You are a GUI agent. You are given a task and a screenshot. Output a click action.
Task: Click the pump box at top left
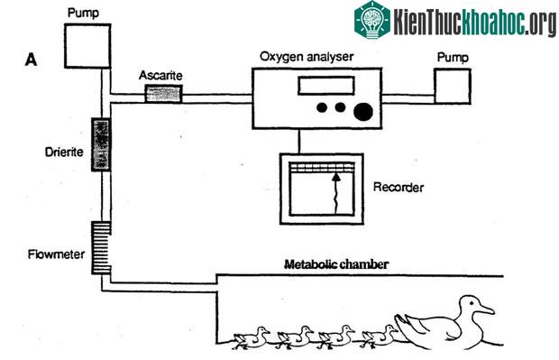click(x=87, y=46)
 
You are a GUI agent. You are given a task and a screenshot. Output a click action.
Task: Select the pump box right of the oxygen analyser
click(x=453, y=87)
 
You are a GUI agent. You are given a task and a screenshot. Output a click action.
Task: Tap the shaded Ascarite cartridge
click(x=163, y=94)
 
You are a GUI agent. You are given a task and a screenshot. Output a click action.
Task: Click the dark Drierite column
click(x=101, y=144)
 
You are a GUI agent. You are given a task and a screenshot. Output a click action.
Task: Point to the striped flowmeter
click(x=101, y=247)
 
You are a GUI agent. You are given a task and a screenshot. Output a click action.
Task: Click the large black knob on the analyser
click(x=363, y=112)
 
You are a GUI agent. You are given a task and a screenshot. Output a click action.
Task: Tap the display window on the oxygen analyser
click(x=326, y=86)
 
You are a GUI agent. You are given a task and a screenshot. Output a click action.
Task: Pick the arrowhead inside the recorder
click(x=335, y=176)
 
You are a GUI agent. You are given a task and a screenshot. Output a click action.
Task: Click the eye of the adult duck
click(x=472, y=303)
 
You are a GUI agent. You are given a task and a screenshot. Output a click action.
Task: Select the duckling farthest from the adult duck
click(x=252, y=337)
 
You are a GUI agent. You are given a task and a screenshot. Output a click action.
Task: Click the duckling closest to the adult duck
click(x=379, y=337)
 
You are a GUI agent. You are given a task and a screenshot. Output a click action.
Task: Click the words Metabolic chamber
click(x=336, y=264)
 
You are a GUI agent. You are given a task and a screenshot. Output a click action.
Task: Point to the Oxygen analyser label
click(x=307, y=57)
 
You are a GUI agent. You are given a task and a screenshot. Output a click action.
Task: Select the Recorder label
click(x=399, y=187)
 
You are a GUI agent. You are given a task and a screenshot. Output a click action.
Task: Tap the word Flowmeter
click(x=56, y=254)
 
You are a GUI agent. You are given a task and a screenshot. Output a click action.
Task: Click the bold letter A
click(x=31, y=60)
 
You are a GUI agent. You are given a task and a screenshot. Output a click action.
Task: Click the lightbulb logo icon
click(x=372, y=19)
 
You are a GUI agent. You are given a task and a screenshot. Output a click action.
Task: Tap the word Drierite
click(x=64, y=152)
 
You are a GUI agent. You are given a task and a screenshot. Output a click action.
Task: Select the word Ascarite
click(x=160, y=75)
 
